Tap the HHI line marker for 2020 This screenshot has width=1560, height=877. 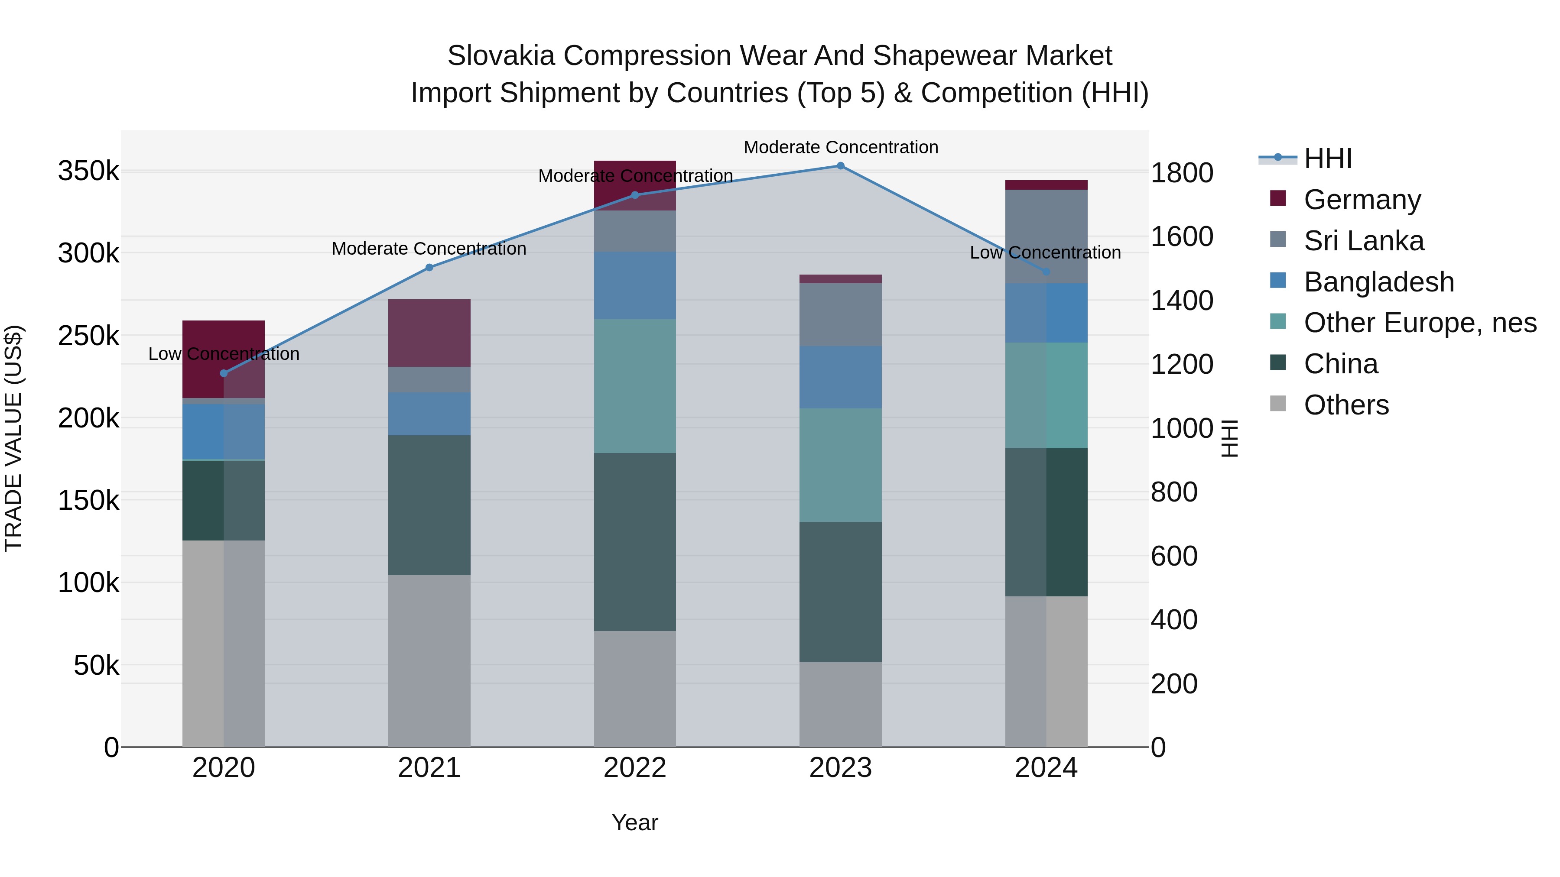click(x=224, y=373)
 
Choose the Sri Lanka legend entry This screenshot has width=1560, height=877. click(x=1363, y=241)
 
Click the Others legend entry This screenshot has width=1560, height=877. click(x=1345, y=405)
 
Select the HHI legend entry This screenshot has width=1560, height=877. click(x=1327, y=159)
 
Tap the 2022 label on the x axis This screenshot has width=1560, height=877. click(x=635, y=768)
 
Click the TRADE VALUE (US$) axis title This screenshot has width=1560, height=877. click(x=13, y=438)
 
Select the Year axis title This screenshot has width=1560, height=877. click(x=635, y=822)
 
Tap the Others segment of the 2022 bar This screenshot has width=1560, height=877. click(x=635, y=689)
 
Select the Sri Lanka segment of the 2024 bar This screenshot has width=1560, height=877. click(x=1046, y=236)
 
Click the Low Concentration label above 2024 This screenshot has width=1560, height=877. click(x=1045, y=252)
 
